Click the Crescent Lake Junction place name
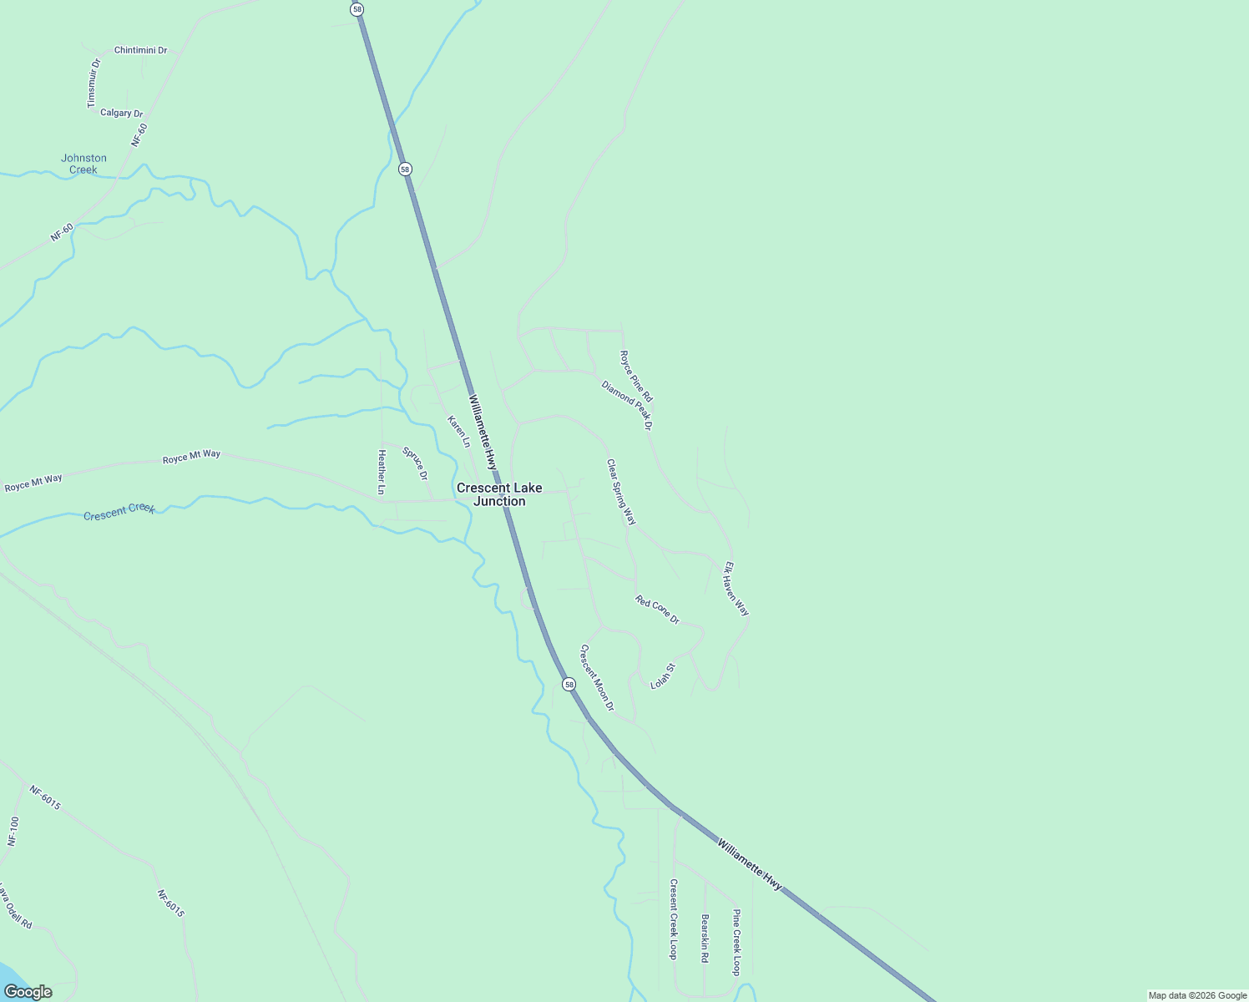coord(499,494)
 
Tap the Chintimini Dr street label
coord(140,50)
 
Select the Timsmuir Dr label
coord(94,83)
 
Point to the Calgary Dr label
coord(121,113)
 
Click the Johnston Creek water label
coord(83,164)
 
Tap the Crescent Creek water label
coord(119,510)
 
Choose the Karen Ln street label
coord(458,431)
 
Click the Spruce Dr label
coord(415,463)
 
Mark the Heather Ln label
coord(382,472)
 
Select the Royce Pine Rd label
coord(635,376)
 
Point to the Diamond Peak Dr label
coord(626,404)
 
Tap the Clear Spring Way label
coord(621,491)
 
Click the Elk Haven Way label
coord(736,589)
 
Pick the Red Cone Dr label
coord(657,610)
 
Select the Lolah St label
coord(662,676)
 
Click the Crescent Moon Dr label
coord(597,677)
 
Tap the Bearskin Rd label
coord(705,939)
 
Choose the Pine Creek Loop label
coord(736,942)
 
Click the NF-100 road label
coord(13,832)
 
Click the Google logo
coord(28,992)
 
